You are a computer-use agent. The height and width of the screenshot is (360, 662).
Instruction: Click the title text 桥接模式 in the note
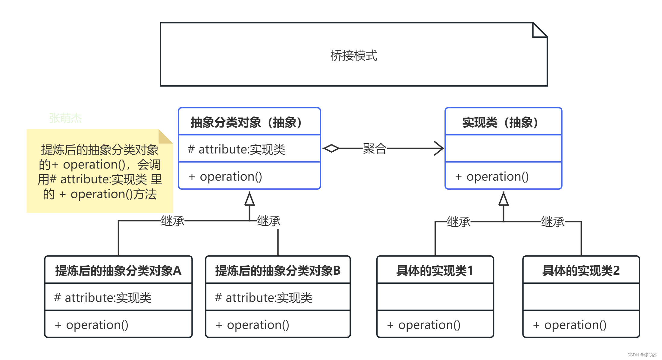coord(354,55)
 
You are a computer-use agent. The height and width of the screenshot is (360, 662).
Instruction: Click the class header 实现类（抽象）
coord(500,122)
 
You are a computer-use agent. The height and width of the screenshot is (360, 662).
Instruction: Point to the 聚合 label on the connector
coord(375,149)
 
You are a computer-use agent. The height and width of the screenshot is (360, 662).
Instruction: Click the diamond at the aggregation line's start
coord(331,148)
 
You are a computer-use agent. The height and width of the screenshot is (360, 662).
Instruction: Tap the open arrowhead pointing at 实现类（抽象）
coord(439,148)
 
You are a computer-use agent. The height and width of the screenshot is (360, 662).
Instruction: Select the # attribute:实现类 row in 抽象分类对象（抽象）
coord(236,149)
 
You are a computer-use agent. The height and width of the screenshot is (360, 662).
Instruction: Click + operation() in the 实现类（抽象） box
coord(492,177)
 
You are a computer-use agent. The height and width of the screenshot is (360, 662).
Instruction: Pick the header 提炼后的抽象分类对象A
coord(118,270)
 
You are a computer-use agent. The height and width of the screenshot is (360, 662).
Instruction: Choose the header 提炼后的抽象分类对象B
coord(278,270)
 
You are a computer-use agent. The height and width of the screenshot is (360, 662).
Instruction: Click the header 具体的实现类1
coord(435,270)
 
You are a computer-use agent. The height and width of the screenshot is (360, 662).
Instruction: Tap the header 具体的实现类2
coord(581,270)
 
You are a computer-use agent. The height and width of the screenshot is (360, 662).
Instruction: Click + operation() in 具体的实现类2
coord(569,325)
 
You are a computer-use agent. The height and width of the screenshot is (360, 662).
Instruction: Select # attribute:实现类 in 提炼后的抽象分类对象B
coord(263,298)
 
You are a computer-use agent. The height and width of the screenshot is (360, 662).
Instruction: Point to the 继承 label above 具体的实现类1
coord(459,222)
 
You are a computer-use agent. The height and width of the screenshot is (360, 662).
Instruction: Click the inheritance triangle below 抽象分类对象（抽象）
coord(249,199)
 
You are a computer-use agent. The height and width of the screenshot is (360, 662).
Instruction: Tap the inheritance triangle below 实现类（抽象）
coord(504,199)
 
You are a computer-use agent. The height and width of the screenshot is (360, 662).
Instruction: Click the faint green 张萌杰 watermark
coord(65,118)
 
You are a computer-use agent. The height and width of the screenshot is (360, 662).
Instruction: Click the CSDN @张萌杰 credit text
coord(642,355)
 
